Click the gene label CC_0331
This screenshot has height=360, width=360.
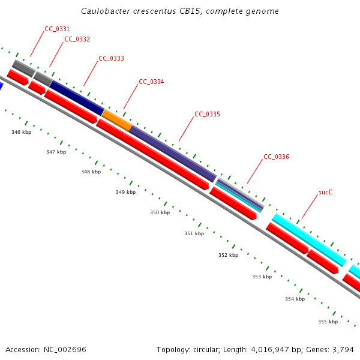click(57, 29)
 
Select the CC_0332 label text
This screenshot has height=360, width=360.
click(77, 39)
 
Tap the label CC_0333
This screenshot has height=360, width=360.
click(111, 58)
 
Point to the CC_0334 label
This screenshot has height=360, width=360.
click(151, 82)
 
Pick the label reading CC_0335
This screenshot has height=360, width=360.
click(207, 113)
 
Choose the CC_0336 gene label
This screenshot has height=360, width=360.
click(276, 157)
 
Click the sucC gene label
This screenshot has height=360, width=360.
click(325, 193)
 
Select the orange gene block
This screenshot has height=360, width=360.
click(117, 120)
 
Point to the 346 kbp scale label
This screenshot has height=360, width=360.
click(21, 131)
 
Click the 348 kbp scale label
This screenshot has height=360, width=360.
click(91, 172)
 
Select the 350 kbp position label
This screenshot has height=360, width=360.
click(160, 212)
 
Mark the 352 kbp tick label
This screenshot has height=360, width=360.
click(228, 255)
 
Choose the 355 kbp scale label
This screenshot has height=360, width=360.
click(328, 322)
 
